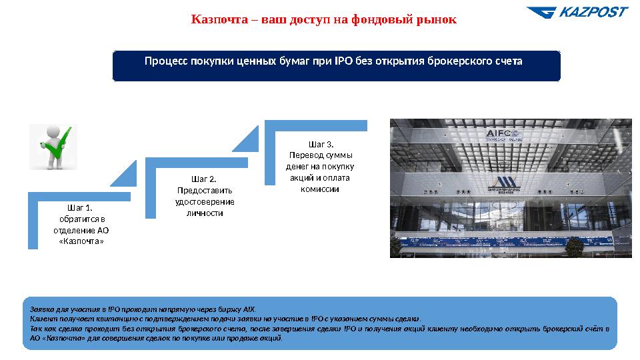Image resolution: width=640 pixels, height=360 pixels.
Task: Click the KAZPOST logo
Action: point(577,12)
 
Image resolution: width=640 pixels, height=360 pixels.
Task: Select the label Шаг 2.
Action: point(203,179)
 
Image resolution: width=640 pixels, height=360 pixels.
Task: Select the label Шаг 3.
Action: point(321,144)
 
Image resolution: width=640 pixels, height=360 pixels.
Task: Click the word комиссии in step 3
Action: point(320,189)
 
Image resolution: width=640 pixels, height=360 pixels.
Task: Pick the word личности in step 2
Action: point(204,213)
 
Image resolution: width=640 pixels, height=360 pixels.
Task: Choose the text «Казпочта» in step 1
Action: point(81,241)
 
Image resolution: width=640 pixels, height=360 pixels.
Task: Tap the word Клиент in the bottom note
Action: point(41,319)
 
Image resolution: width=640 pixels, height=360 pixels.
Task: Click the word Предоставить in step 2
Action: point(204,191)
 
